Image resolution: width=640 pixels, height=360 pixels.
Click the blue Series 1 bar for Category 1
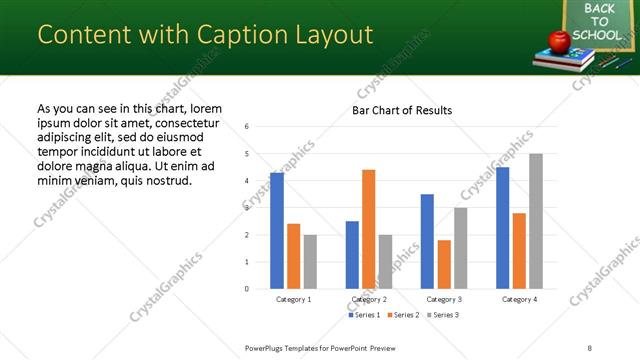click(277, 231)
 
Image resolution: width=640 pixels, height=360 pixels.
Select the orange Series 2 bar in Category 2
click(369, 229)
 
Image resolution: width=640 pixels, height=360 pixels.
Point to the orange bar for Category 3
click(444, 264)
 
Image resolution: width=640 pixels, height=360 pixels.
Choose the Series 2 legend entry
click(404, 315)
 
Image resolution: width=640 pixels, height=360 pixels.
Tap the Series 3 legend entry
click(443, 315)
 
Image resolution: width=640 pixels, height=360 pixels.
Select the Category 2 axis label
click(369, 299)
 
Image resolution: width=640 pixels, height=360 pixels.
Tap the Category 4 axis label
click(519, 299)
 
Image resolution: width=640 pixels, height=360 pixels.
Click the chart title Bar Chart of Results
click(402, 110)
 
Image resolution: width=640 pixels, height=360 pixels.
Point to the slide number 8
click(589, 346)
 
